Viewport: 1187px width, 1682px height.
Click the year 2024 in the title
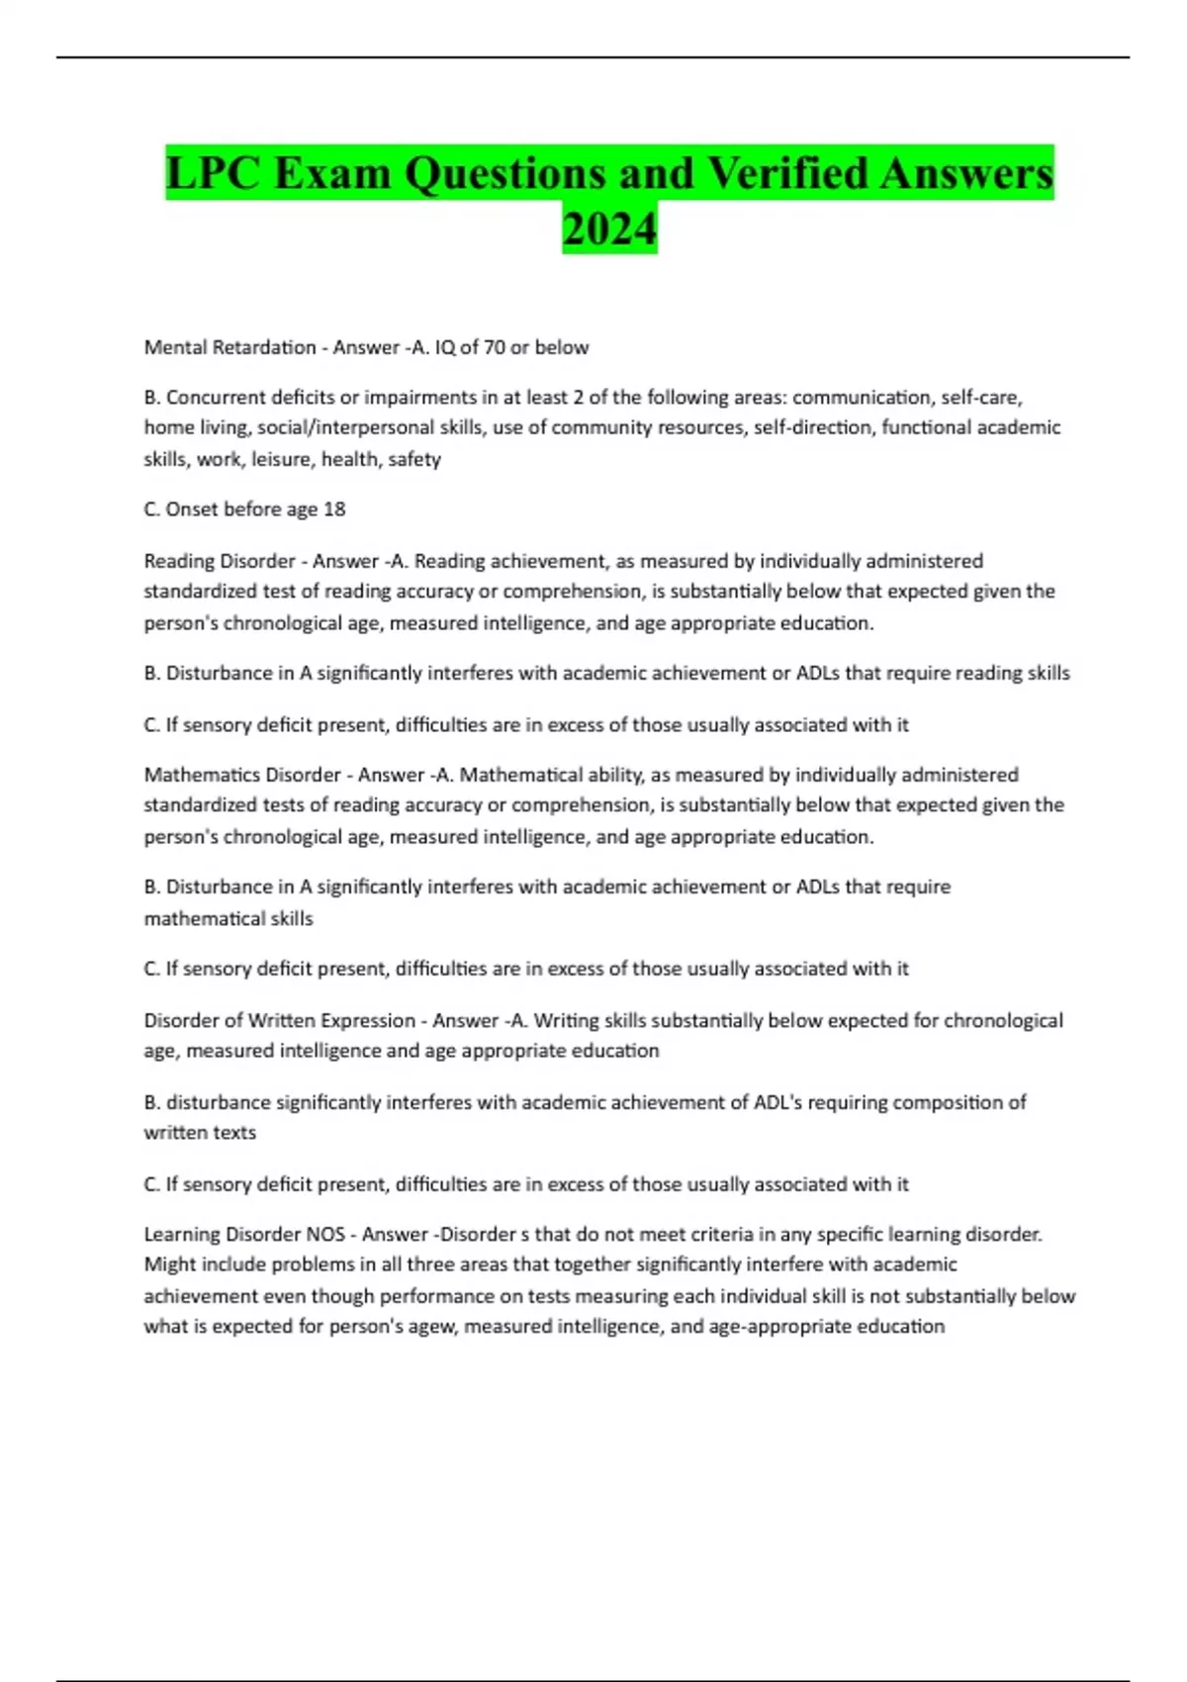[609, 229]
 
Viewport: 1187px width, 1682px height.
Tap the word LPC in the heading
[214, 174]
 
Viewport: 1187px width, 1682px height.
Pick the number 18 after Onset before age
[334, 510]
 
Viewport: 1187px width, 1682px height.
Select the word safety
[414, 459]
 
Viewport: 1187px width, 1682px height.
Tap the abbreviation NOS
[325, 1235]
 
